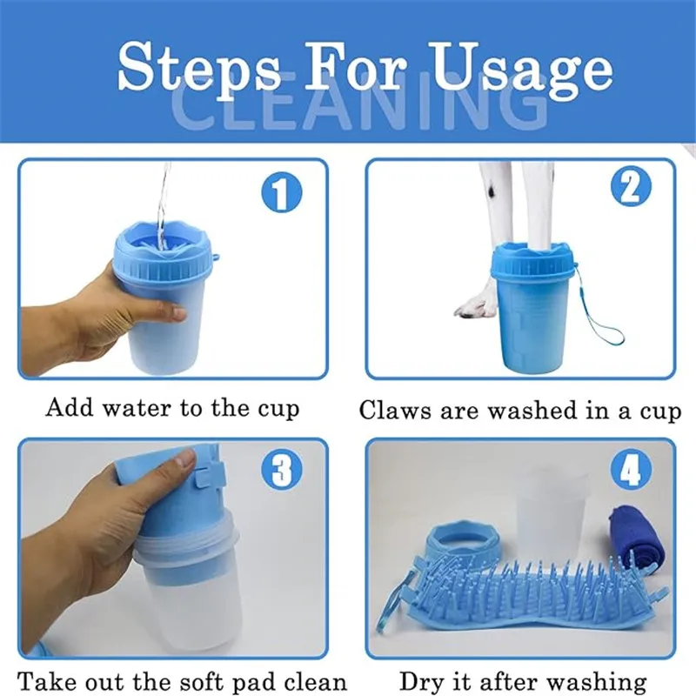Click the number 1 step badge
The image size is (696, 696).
[x=281, y=192]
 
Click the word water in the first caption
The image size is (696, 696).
[x=137, y=407]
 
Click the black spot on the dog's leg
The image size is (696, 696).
[x=492, y=190]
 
